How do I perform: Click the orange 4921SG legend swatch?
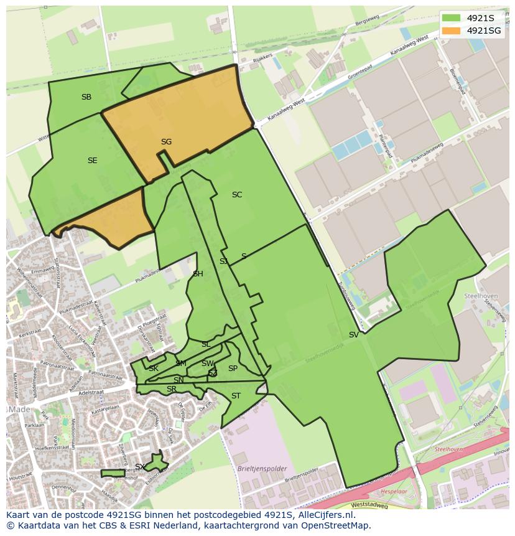pos(452,31)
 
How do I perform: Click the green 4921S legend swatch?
pos(452,18)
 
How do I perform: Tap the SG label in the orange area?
pos(166,142)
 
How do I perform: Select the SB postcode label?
pos(86,97)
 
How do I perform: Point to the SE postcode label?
pos(92,161)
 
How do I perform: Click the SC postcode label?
pos(237,195)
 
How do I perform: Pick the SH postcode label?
pos(198,274)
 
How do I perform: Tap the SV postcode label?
pos(353,335)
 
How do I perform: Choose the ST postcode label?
pos(236,396)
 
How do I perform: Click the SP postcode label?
pos(233,369)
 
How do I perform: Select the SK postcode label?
pos(154,369)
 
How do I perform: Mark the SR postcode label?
pos(172,389)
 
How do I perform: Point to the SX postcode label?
pos(140,467)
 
